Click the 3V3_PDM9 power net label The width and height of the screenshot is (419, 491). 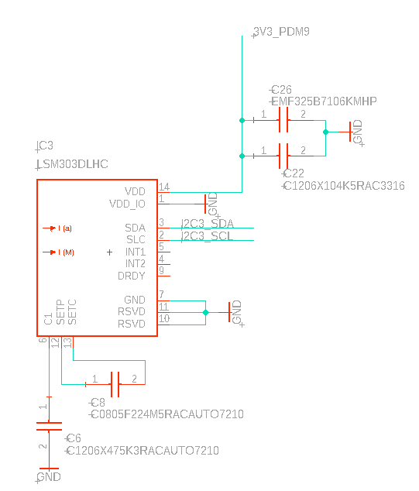[x=284, y=32]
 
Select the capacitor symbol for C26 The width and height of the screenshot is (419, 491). [x=283, y=120]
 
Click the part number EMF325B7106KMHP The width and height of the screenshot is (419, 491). [x=324, y=101]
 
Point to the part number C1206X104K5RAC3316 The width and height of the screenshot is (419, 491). [x=343, y=186]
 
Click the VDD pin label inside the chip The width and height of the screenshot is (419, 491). [x=135, y=191]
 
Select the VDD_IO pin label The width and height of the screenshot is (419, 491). [x=128, y=204]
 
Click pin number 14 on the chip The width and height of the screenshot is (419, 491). [x=163, y=187]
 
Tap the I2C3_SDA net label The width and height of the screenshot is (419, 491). [x=207, y=224]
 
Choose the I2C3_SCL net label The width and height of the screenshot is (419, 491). [x=207, y=236]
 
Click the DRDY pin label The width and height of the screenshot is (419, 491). [x=131, y=276]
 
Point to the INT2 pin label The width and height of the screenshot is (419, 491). [x=135, y=263]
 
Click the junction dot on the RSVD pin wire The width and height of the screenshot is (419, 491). [x=205, y=312]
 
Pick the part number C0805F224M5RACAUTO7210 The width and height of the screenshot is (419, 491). [x=167, y=414]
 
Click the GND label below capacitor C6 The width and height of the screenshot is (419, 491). [x=48, y=477]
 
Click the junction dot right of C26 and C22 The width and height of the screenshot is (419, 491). [x=325, y=132]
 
